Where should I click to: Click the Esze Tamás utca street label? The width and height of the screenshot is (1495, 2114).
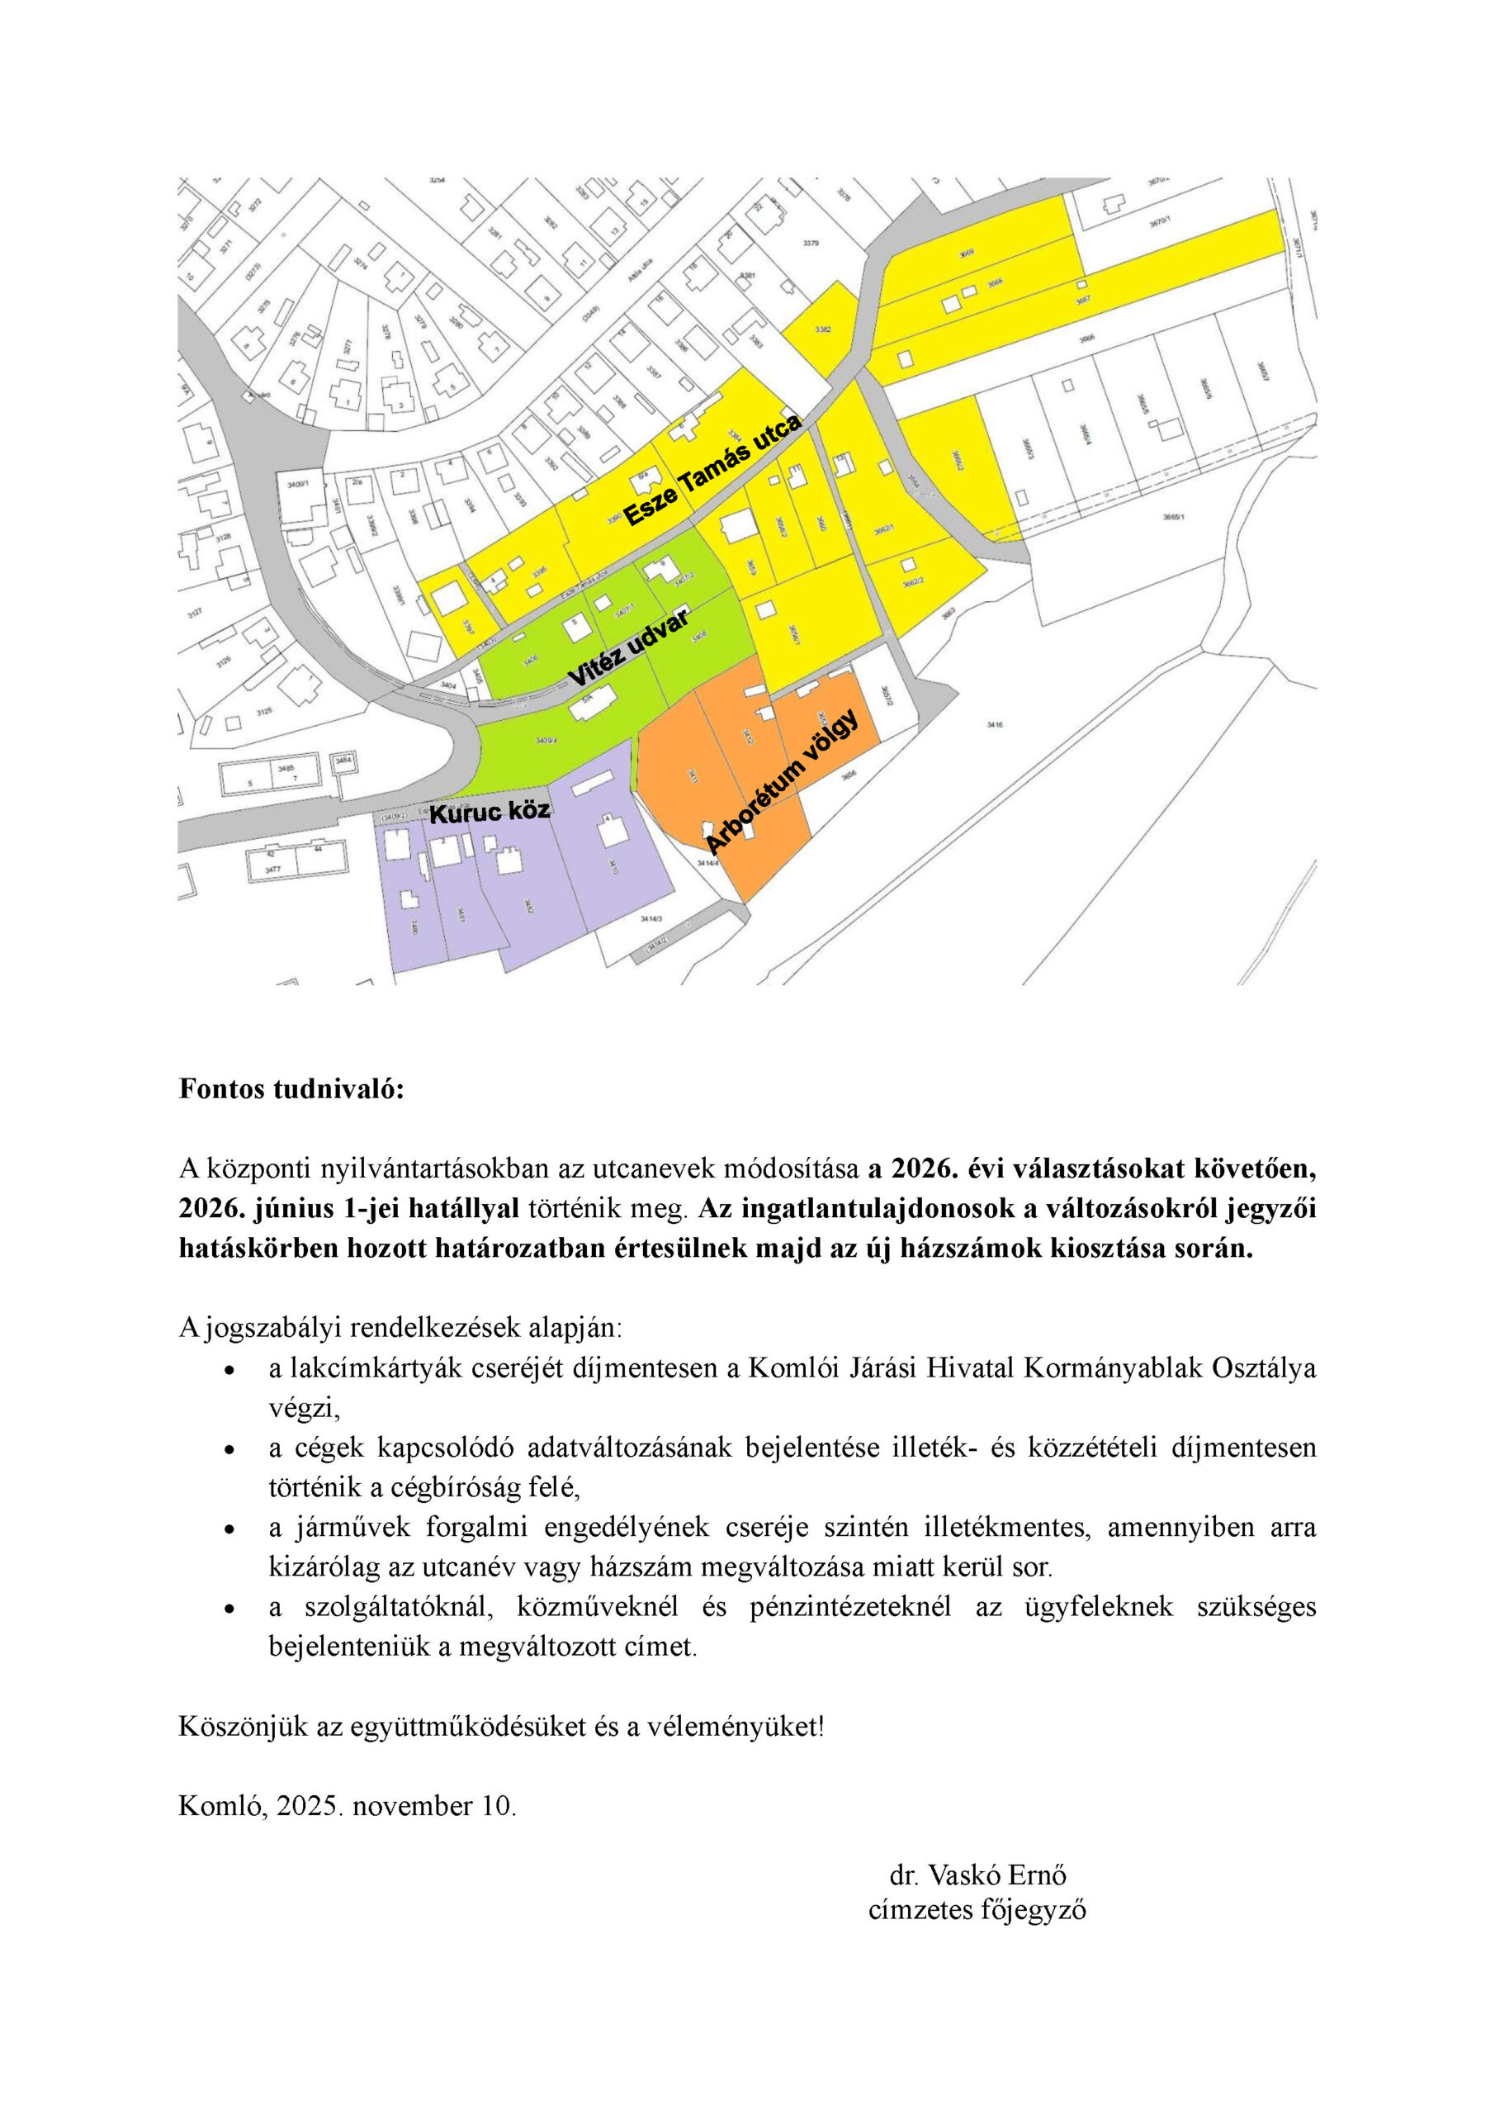click(x=713, y=470)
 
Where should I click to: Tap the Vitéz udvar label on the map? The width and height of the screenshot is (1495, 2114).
click(x=629, y=647)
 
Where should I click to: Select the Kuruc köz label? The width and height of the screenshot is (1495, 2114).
click(x=490, y=811)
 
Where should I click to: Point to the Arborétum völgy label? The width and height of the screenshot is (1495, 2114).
click(x=782, y=782)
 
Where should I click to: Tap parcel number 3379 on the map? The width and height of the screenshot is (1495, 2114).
click(x=810, y=243)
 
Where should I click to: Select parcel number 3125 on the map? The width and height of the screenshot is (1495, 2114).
click(x=264, y=712)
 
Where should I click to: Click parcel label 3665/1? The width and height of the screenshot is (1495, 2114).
click(x=1174, y=518)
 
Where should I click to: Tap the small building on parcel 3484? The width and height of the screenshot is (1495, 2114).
click(x=344, y=761)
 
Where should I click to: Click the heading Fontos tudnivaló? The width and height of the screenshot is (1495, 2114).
click(x=292, y=1089)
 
